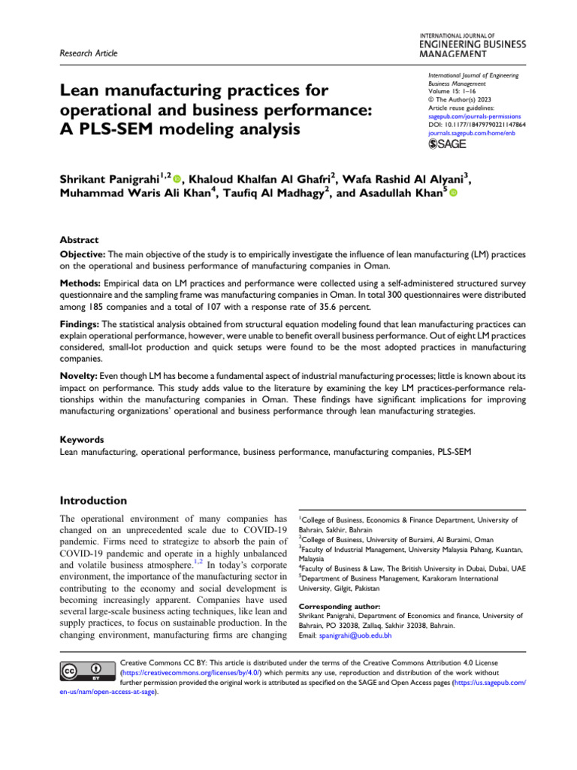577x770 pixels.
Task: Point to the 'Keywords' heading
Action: point(82,439)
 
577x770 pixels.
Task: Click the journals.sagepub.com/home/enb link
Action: point(469,133)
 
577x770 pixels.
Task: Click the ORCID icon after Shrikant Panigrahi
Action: point(177,180)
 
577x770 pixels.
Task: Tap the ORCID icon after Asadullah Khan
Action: point(453,194)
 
